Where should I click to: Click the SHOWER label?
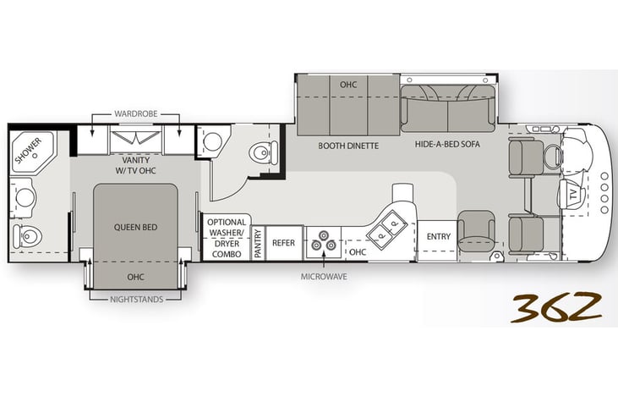tap(28, 151)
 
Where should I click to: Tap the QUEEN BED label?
tap(135, 228)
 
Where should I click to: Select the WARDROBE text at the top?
tap(135, 113)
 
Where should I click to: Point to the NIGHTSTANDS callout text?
tap(136, 300)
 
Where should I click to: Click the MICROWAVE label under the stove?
tap(324, 277)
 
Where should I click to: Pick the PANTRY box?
tap(258, 243)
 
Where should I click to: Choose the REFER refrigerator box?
tap(284, 243)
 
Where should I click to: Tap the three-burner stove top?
tap(324, 242)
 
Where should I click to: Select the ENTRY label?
tap(439, 236)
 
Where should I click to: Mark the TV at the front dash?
tap(572, 194)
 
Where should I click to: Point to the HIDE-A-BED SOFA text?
tap(447, 145)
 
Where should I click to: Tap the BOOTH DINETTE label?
tap(348, 146)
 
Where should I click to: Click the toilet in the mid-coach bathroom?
tap(263, 152)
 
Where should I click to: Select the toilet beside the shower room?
tap(27, 236)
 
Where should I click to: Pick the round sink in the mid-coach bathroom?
tap(213, 142)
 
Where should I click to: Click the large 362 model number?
tap(556, 306)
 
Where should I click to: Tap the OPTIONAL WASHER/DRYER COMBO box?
tap(227, 238)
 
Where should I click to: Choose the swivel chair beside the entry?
tap(476, 231)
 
